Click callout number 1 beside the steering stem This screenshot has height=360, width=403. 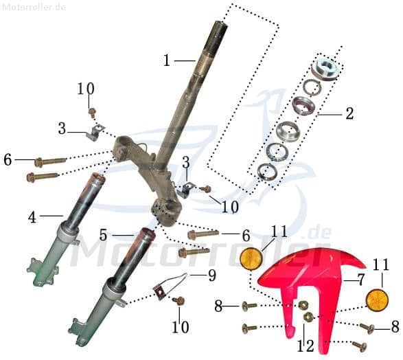coord(166,60)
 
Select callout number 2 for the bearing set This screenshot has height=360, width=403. coord(349,113)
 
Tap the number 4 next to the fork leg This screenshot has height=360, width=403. coord(32,217)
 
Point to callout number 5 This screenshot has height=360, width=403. coord(103,235)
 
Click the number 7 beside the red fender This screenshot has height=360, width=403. coord(359,280)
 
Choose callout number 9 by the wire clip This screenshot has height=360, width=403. coord(211,275)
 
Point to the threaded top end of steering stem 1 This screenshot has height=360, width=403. coord(219,29)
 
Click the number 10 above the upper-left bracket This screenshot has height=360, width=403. coord(86,89)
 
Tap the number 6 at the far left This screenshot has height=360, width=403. coord(8,159)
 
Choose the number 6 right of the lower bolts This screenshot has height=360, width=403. coord(246,236)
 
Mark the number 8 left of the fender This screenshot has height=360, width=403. coord(218,306)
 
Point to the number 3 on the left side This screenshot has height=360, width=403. coord(62,128)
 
